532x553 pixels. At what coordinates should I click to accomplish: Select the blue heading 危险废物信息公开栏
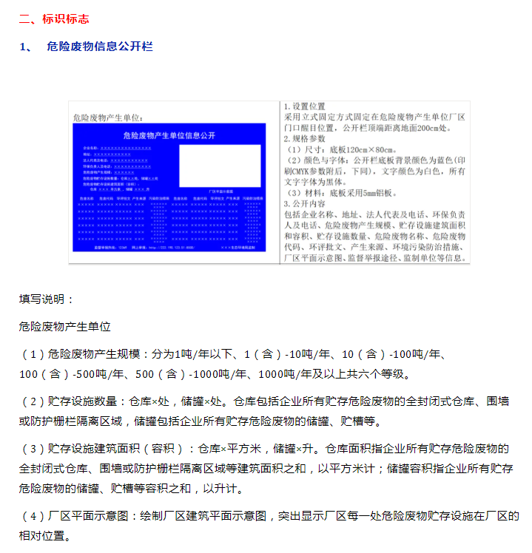pyautogui.click(x=99, y=46)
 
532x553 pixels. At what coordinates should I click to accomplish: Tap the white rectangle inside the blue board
pyautogui.click(x=220, y=164)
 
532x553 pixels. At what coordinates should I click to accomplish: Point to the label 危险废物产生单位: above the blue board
pyautogui.click(x=107, y=117)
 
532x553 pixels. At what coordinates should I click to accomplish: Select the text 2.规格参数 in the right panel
pyautogui.click(x=305, y=138)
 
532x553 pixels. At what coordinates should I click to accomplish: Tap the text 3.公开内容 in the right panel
pyautogui.click(x=305, y=203)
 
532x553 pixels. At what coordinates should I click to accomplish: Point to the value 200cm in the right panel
pyautogui.click(x=443, y=127)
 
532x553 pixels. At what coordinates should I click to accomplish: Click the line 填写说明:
pyautogui.click(x=46, y=299)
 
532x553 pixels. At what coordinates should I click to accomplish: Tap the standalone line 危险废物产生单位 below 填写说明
pyautogui.click(x=64, y=325)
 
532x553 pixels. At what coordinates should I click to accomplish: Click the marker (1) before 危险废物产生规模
pyautogui.click(x=33, y=354)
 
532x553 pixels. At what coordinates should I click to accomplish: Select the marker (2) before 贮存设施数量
pyautogui.click(x=33, y=401)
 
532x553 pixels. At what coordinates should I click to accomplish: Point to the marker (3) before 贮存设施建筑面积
pyautogui.click(x=33, y=449)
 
